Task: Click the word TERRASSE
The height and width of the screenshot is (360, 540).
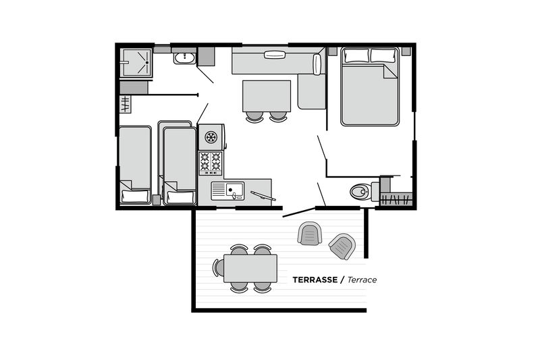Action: click(x=315, y=280)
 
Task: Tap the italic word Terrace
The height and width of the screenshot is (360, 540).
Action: click(x=362, y=280)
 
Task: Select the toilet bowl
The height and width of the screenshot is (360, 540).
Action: click(x=360, y=192)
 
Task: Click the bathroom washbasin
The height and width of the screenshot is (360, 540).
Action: click(x=185, y=59)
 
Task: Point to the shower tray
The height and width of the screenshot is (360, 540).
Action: click(x=136, y=62)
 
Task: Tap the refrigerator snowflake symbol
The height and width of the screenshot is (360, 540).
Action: click(x=211, y=137)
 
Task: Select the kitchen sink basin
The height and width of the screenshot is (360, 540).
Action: click(x=234, y=190)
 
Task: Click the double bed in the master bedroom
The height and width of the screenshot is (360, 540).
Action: click(x=370, y=87)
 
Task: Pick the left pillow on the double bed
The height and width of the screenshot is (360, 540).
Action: click(x=356, y=55)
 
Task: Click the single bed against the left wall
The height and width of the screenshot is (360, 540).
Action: click(x=135, y=165)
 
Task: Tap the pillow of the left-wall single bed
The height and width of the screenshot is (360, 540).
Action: click(x=135, y=196)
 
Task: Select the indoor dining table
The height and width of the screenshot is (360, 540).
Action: click(x=267, y=96)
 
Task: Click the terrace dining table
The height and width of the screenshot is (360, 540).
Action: click(x=250, y=268)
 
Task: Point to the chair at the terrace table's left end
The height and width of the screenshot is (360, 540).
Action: click(x=218, y=267)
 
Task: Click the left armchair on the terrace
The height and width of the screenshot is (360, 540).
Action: click(x=310, y=233)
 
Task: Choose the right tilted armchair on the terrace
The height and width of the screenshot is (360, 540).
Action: click(x=342, y=246)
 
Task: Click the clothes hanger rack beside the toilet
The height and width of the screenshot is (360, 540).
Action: click(x=396, y=199)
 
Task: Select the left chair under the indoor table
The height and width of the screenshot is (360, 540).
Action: click(x=254, y=117)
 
